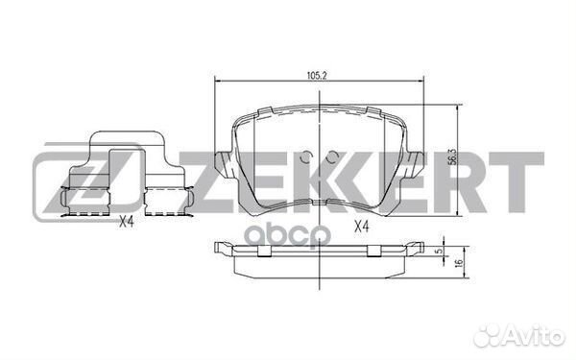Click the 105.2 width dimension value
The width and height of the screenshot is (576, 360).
[314, 71]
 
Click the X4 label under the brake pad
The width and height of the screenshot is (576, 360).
[361, 227]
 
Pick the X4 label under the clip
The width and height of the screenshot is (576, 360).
[126, 223]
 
